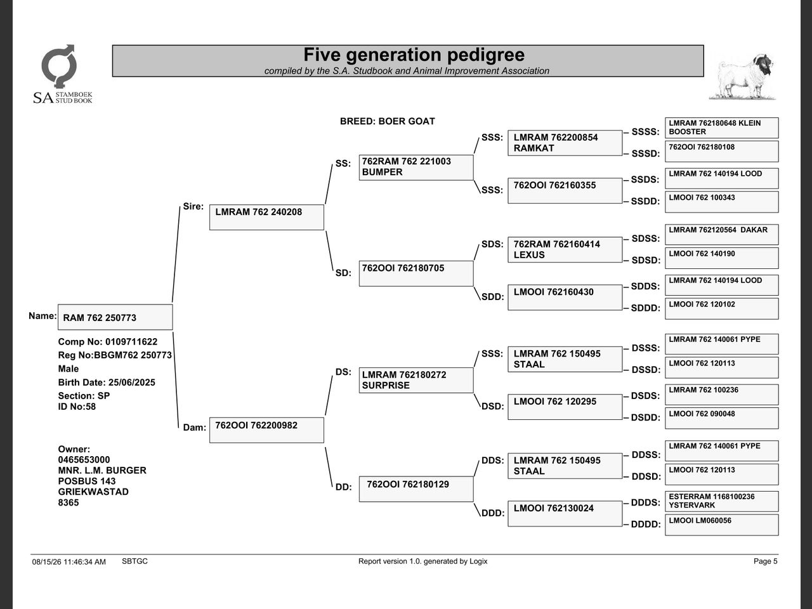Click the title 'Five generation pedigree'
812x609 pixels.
click(414, 55)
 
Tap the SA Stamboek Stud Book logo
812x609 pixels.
click(63, 74)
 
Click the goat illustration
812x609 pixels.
click(742, 77)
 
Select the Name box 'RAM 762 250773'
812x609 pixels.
click(115, 317)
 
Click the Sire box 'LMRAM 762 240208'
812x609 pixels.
click(266, 217)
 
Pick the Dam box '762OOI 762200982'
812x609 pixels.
click(266, 430)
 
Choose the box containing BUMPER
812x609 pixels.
click(416, 167)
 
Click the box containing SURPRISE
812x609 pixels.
click(416, 380)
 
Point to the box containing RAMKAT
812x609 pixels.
click(565, 143)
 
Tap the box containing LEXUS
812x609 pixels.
click(565, 249)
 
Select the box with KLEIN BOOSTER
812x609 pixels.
click(721, 128)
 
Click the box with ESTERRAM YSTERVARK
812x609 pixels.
click(721, 501)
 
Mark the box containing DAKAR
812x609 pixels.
click(721, 235)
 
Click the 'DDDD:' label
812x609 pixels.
click(646, 524)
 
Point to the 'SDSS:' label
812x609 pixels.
click(646, 239)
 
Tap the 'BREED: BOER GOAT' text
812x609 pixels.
click(388, 121)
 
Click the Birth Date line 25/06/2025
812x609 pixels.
click(107, 383)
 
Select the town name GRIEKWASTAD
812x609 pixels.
click(93, 492)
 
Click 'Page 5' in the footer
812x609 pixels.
click(766, 561)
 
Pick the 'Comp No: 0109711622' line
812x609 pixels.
click(108, 342)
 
